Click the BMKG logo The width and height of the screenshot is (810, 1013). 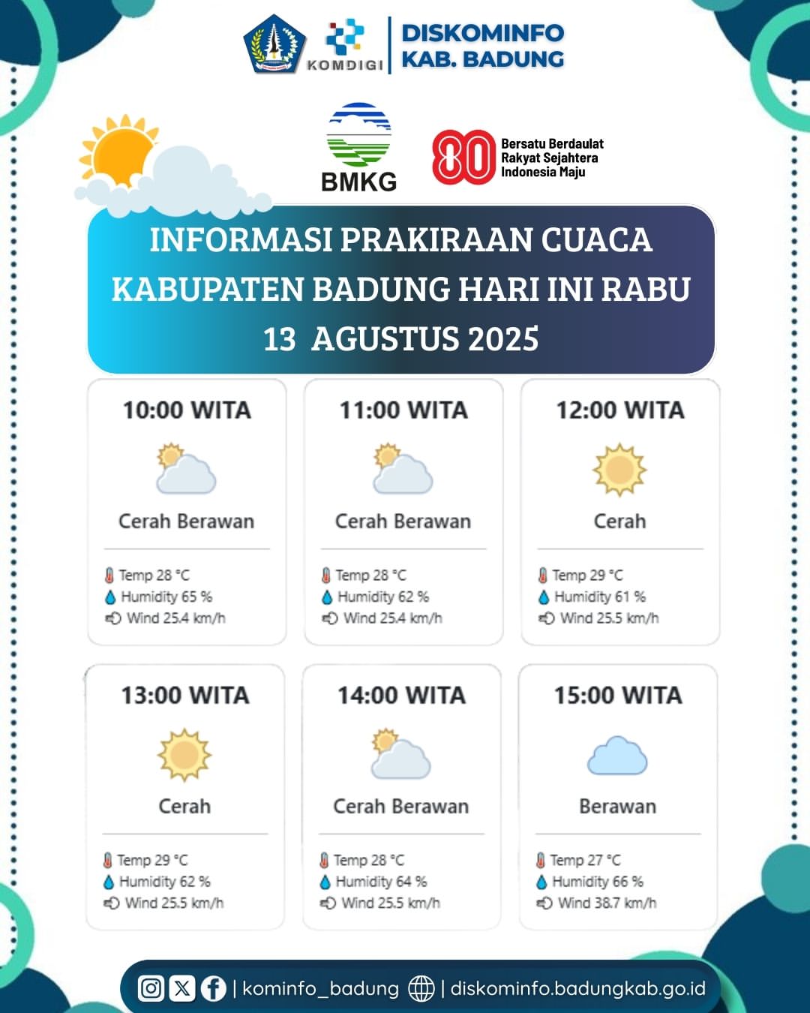pos(358,147)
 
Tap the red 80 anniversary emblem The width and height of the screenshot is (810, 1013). pos(463,158)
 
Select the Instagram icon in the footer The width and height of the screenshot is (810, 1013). pos(151,988)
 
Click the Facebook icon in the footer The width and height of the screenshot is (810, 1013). pos(213,988)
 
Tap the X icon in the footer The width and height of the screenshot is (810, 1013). pos(182,988)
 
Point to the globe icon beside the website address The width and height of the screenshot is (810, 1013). pos(421,988)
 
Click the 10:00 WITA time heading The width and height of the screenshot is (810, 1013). pos(187,410)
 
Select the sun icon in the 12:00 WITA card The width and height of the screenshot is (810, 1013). pos(619,470)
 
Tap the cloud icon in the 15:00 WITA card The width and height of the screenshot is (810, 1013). pos(617,756)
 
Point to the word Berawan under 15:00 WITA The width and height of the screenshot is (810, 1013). pos(617,807)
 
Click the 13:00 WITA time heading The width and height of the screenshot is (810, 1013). pos(185,696)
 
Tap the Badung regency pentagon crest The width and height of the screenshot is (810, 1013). pos(274,44)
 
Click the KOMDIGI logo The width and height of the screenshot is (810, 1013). pos(345,45)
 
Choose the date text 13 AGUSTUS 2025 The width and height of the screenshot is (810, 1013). pos(400,338)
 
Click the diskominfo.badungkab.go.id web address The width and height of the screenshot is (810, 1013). pos(578,988)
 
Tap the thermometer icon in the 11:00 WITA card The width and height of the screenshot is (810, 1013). pos(325,576)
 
